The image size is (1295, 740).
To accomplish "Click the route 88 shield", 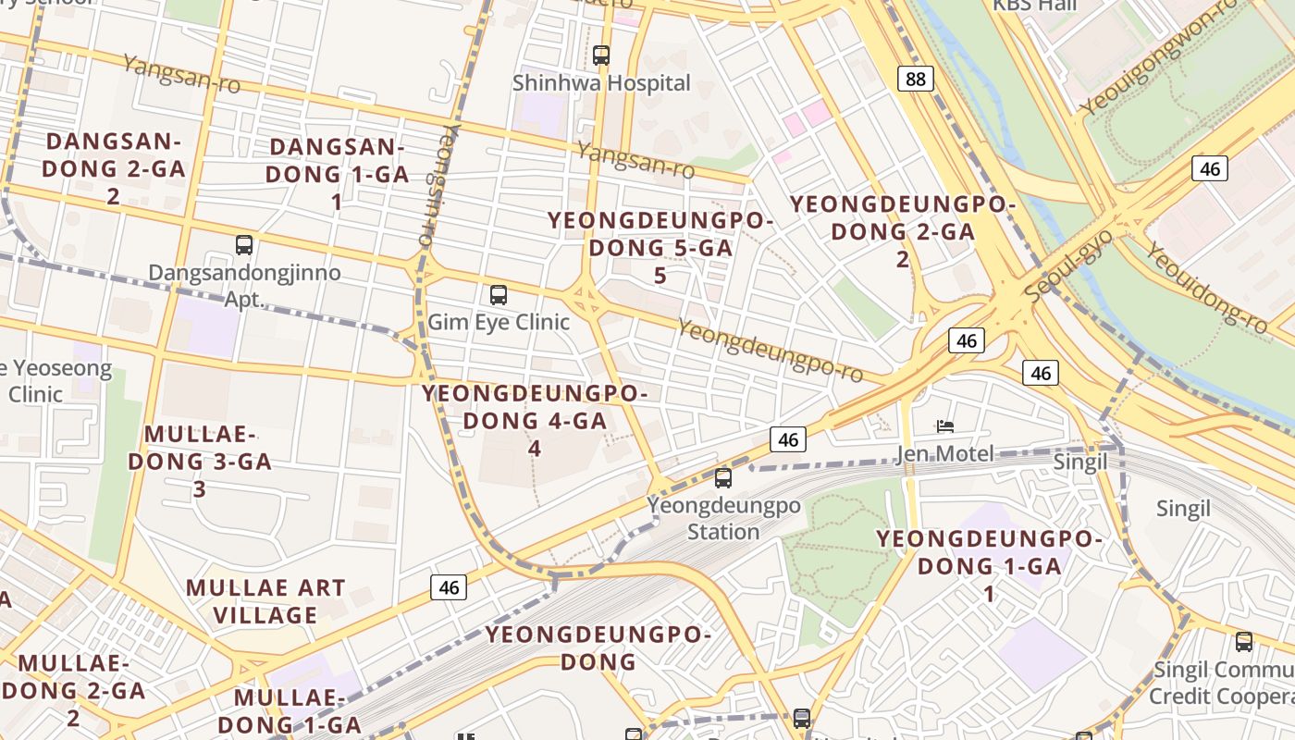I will point(915,79).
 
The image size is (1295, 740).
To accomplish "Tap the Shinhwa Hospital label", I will point(601,83).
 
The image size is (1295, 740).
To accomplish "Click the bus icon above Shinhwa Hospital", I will point(601,55).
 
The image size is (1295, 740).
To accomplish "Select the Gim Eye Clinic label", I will point(499,323).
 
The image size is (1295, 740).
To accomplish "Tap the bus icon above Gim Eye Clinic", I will point(499,296).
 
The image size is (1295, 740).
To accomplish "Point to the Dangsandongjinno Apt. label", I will point(244,286).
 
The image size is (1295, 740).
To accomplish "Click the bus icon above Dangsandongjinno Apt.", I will point(244,245).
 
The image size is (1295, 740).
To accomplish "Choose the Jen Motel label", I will point(944,453).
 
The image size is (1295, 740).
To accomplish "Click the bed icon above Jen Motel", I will point(944,426).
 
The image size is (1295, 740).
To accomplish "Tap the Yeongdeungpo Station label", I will point(723,519).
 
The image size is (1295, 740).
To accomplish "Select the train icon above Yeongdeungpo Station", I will point(723,478).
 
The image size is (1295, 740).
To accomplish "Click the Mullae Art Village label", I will point(265,601).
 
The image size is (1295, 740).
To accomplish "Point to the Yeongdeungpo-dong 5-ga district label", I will point(660,247).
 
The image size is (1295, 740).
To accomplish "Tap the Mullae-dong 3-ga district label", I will point(200,461).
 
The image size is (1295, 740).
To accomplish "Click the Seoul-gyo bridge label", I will point(1069,265).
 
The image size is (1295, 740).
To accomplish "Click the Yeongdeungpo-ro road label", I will point(770,351).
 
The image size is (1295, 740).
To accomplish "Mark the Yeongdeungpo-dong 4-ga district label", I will point(535,420).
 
